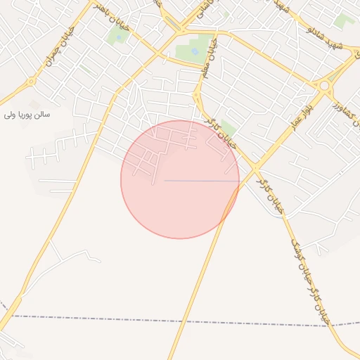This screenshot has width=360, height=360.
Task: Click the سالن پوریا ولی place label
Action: pyautogui.click(x=28, y=113)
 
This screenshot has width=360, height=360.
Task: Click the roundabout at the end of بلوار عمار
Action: pyautogui.click(x=325, y=86)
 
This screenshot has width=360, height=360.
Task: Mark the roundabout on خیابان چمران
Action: pyautogui.click(x=31, y=82)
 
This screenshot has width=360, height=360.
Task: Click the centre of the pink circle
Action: pyautogui.click(x=180, y=179)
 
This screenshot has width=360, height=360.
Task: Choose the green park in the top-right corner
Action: pyautogui.click(x=344, y=20)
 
